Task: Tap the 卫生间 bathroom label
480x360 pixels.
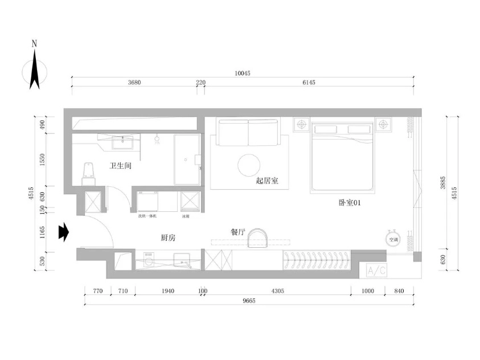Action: pos(121,166)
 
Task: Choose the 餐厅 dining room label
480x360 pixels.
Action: pos(237,232)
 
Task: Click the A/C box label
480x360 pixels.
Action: pos(377,271)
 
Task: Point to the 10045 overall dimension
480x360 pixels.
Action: pos(243,73)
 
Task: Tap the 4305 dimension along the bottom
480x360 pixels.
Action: pos(277,291)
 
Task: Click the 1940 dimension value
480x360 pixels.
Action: pos(167,291)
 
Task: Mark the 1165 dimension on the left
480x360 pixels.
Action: pos(40,232)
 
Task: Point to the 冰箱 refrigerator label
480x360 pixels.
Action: pos(186,216)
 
